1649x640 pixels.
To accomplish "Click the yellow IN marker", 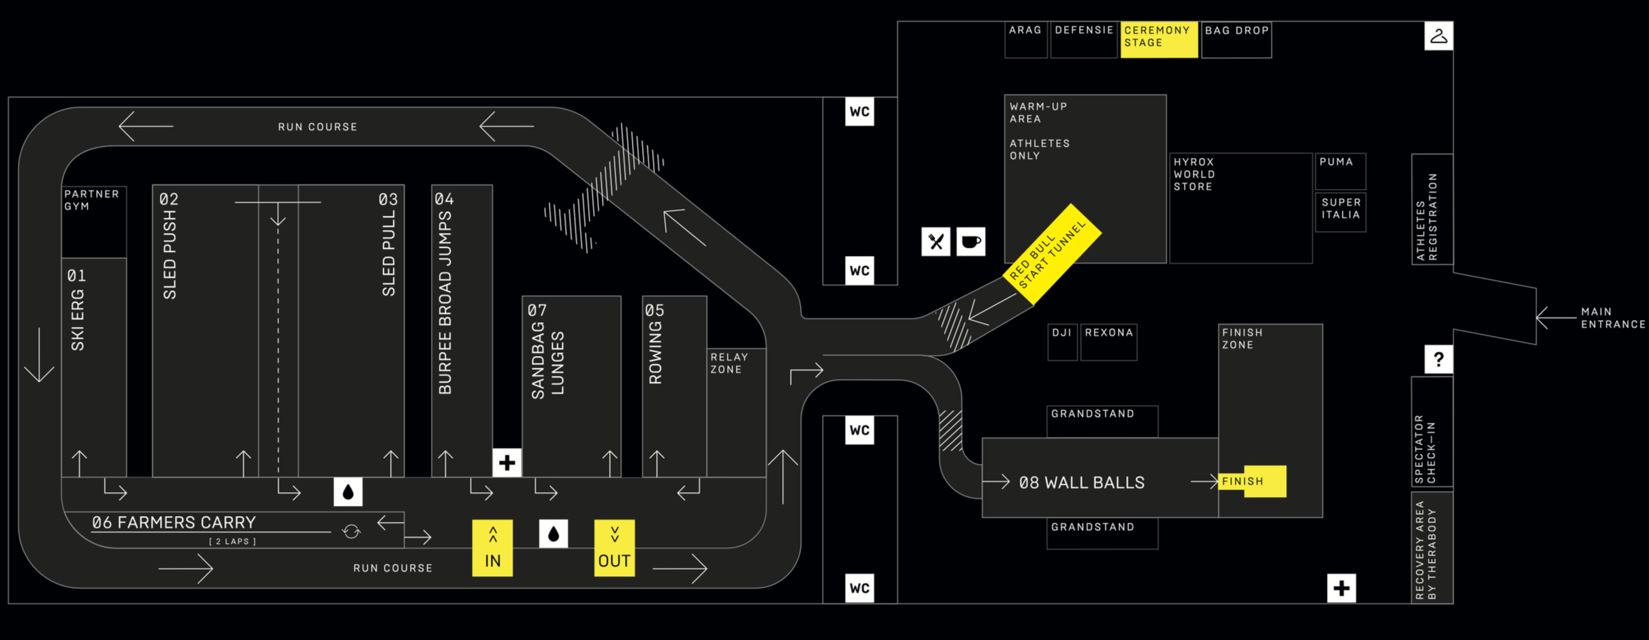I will (x=492, y=548).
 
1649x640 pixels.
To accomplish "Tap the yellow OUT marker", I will (x=614, y=548).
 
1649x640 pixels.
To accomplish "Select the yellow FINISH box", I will (x=1252, y=481).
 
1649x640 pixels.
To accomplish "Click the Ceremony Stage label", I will (x=1159, y=38).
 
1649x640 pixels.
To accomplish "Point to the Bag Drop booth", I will (x=1236, y=39).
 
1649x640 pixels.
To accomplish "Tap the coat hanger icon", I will (x=1439, y=36).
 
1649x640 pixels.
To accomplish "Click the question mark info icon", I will (x=1439, y=359).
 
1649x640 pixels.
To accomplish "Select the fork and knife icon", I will (x=936, y=242).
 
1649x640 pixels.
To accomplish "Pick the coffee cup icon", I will (x=971, y=242).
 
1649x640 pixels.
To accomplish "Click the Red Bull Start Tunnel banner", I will (x=1052, y=253).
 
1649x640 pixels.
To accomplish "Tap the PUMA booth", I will (x=1340, y=171).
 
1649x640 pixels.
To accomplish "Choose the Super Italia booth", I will (x=1341, y=212).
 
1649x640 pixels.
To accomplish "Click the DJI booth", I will (x=1062, y=341).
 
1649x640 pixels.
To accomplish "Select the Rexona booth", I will (x=1108, y=341).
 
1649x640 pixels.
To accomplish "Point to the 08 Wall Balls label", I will (x=1081, y=483).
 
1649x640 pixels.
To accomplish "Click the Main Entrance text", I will (x=1612, y=318).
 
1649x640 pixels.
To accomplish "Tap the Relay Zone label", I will (x=729, y=364).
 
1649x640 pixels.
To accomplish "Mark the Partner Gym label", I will (x=91, y=200).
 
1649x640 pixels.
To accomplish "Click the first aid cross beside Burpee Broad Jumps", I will (x=507, y=463).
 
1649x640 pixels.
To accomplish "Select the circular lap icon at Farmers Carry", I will (x=351, y=531).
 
